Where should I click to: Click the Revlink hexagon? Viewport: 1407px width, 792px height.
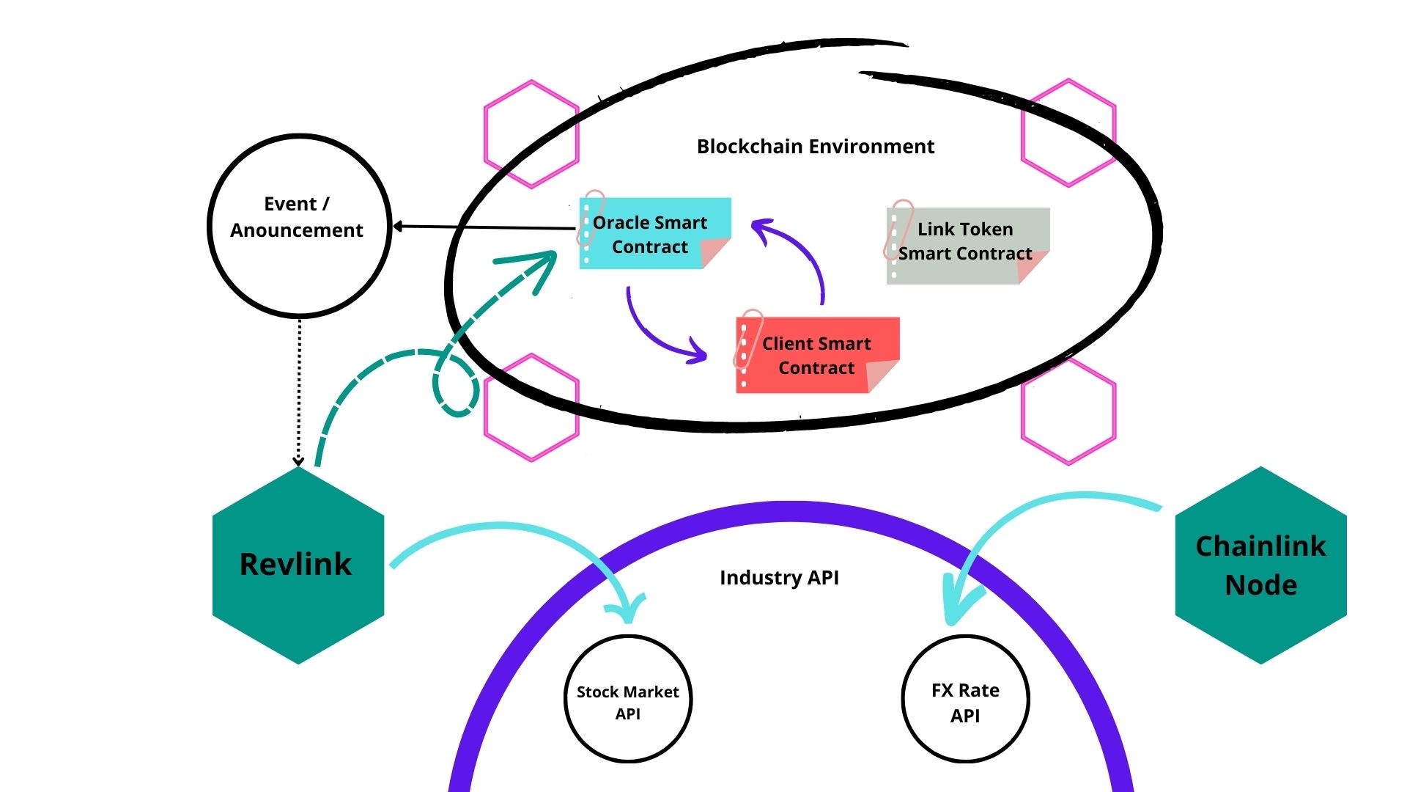pos(298,565)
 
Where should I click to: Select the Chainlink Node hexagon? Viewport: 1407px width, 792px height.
pos(1260,565)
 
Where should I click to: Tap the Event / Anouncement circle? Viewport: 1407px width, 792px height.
pos(298,225)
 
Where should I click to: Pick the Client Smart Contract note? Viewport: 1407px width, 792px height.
pos(816,356)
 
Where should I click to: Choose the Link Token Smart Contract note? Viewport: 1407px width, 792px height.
pos(966,243)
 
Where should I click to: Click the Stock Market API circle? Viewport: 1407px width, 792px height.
pos(628,700)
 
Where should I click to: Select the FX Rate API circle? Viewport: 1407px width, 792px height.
pos(965,700)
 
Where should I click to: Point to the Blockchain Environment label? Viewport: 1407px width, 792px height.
pos(815,147)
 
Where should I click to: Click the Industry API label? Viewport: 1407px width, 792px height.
pos(779,578)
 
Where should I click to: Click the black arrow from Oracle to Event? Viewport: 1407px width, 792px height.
pos(484,227)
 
